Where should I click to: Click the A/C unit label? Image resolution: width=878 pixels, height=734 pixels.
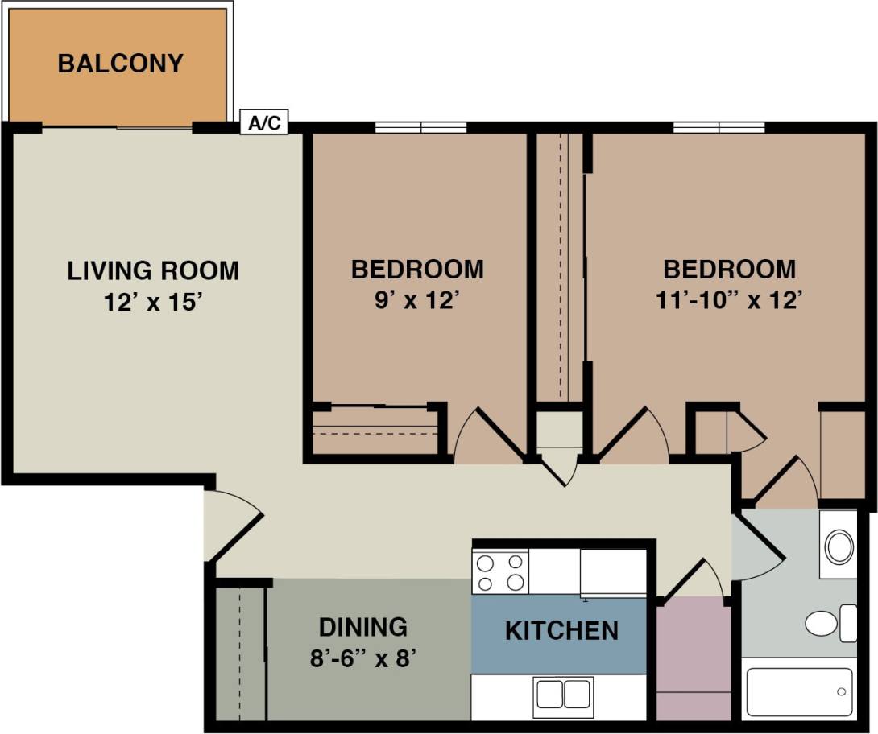click(x=264, y=123)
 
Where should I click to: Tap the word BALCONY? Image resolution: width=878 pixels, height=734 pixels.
click(x=120, y=63)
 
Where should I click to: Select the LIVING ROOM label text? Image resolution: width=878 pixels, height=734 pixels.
click(x=153, y=270)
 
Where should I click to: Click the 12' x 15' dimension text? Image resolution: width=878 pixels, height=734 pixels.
click(x=152, y=303)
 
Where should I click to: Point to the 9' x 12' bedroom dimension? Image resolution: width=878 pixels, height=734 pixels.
click(x=417, y=300)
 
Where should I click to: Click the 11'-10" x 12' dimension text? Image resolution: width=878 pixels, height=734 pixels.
click(x=729, y=300)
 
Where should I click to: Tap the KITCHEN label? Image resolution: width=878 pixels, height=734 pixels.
click(x=561, y=630)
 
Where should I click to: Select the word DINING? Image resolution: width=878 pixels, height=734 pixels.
click(x=362, y=626)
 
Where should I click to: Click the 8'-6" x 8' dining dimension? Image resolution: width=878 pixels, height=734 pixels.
click(x=362, y=658)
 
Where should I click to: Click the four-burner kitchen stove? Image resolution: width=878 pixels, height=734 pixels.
click(x=500, y=571)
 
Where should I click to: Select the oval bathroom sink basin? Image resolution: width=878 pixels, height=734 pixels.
click(x=840, y=546)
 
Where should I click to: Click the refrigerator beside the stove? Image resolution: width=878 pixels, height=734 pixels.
click(x=613, y=571)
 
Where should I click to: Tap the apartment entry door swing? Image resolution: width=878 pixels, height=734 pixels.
click(x=232, y=525)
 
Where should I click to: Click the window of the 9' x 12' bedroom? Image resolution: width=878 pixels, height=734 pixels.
click(x=420, y=127)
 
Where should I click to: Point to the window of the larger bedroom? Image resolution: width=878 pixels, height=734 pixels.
click(x=719, y=127)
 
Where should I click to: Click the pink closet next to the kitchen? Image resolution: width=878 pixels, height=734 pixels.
click(x=694, y=660)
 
